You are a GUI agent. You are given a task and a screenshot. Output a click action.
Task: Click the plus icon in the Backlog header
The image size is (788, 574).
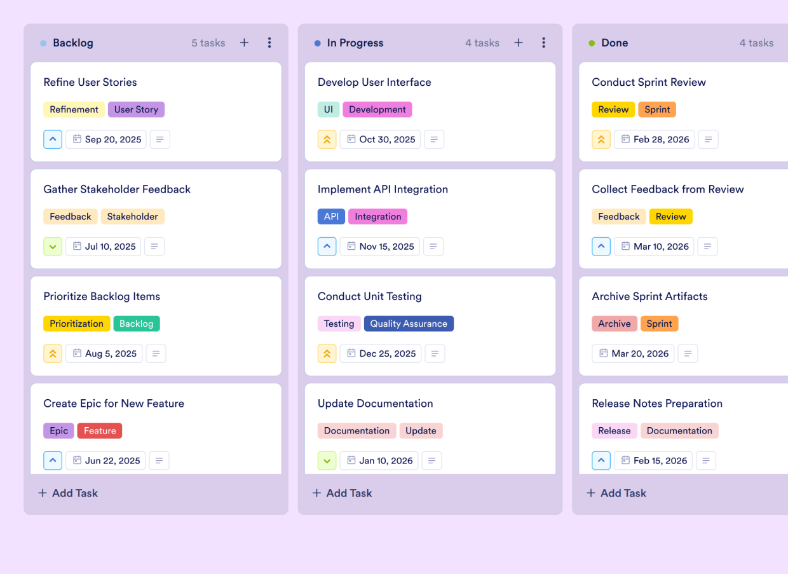click(x=244, y=43)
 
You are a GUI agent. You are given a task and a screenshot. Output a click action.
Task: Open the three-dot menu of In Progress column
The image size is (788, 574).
click(x=543, y=43)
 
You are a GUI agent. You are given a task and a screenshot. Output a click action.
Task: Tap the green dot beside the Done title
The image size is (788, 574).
click(x=592, y=43)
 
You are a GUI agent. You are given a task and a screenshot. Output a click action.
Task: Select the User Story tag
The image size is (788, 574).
click(x=136, y=109)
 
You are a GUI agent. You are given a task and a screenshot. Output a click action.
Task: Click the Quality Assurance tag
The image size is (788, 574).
click(x=409, y=324)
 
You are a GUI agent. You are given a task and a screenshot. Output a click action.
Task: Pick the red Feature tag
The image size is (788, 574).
click(x=100, y=430)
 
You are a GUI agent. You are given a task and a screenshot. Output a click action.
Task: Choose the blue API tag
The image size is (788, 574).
click(x=331, y=217)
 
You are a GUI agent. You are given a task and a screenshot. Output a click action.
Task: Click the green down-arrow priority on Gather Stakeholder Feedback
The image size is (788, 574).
click(x=53, y=247)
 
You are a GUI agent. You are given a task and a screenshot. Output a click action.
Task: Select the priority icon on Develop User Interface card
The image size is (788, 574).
click(x=327, y=139)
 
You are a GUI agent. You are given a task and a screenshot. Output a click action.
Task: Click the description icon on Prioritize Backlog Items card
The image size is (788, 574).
click(x=156, y=353)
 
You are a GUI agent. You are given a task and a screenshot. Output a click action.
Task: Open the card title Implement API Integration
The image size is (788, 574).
click(x=383, y=189)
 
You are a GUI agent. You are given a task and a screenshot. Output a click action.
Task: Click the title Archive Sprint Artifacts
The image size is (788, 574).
click(x=649, y=296)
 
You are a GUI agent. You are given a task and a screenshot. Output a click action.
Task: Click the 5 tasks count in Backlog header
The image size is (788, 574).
click(x=208, y=43)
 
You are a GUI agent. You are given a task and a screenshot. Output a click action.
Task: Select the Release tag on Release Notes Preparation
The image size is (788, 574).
click(x=614, y=430)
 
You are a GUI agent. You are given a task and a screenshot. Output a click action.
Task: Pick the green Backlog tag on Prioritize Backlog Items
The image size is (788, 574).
click(x=137, y=324)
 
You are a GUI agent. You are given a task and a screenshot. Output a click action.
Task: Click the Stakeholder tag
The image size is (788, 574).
click(x=132, y=217)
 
